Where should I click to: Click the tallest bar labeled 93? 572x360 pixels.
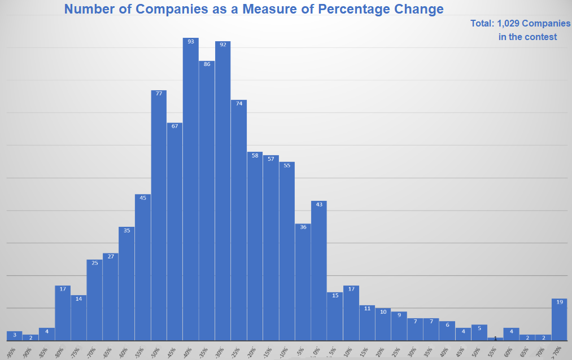pos(191,192)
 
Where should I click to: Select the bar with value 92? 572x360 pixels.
pos(222,192)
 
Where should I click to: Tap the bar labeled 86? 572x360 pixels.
pos(207,203)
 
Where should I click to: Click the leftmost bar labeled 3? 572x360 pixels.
pos(15,336)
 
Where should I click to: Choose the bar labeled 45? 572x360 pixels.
pos(143,269)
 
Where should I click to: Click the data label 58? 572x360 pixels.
pos(255,155)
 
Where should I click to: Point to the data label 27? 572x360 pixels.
pos(111,256)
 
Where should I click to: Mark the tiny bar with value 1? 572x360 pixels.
pos(495,339)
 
